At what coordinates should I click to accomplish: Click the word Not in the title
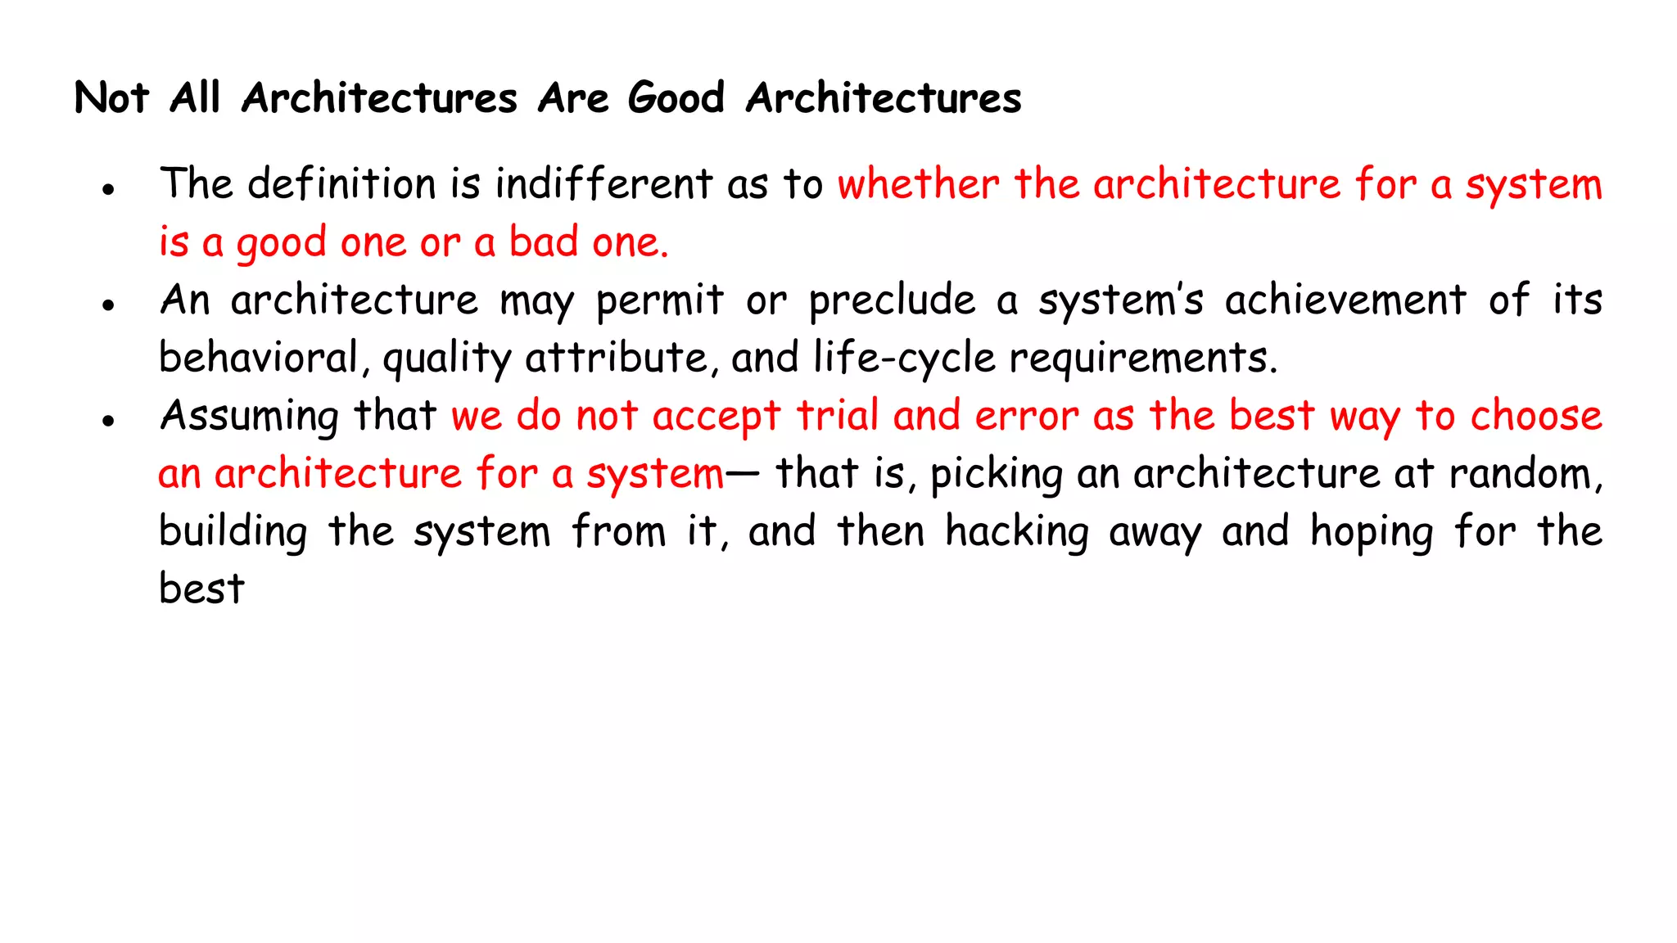click(111, 98)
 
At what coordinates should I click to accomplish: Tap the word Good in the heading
click(676, 98)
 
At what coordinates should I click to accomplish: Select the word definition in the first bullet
click(341, 183)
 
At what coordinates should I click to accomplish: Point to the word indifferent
click(604, 183)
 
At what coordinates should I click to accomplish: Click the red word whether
click(918, 183)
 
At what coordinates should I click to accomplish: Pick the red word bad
click(544, 242)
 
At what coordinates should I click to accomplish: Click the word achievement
click(1345, 300)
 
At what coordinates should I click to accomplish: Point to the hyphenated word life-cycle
click(904, 358)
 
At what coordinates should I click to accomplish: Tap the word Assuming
click(249, 417)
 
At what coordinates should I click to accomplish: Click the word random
click(1525, 474)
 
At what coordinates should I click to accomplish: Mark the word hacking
click(1017, 532)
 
